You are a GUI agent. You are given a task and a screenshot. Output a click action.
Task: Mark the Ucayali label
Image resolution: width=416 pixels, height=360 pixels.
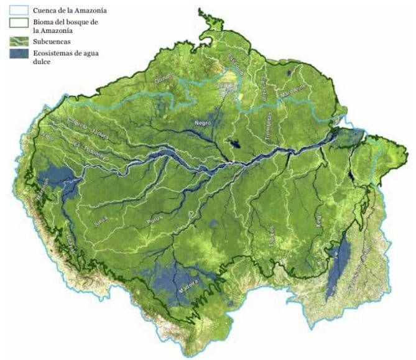click(70, 239)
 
